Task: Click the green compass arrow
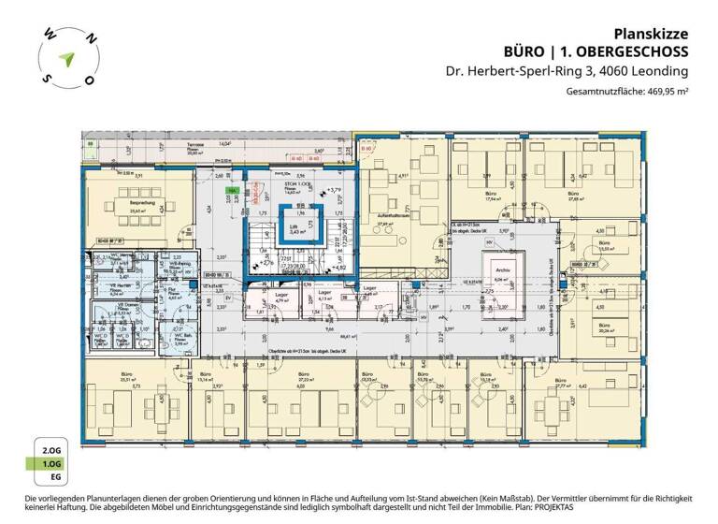pyautogui.click(x=63, y=57)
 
